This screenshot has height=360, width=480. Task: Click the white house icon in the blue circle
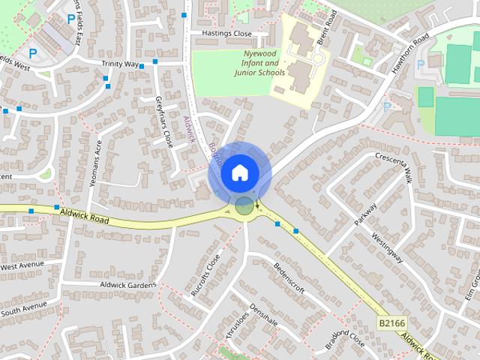[239, 172]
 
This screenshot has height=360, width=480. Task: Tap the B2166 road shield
[391, 322]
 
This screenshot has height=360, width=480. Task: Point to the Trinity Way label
[119, 64]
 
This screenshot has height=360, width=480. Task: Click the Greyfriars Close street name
[163, 121]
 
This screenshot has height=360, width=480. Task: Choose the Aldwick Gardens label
[128, 284]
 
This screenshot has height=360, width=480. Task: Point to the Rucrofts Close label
[205, 274]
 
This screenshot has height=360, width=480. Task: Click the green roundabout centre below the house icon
[244, 206]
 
